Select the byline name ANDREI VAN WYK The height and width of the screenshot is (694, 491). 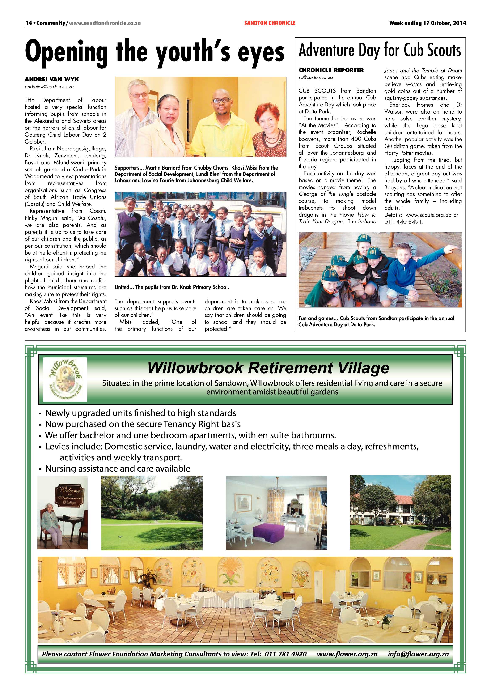coord(52,79)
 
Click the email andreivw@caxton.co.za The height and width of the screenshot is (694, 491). coord(49,86)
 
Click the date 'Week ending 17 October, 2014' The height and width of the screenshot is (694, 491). coord(428,23)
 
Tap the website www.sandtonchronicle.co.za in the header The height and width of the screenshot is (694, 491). coord(105,23)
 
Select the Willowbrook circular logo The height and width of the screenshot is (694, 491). coord(65,379)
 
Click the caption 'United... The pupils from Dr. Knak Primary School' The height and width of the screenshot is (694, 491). coord(172,287)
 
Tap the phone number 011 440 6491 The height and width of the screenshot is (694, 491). coord(404,222)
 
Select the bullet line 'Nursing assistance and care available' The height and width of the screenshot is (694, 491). coord(118,469)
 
